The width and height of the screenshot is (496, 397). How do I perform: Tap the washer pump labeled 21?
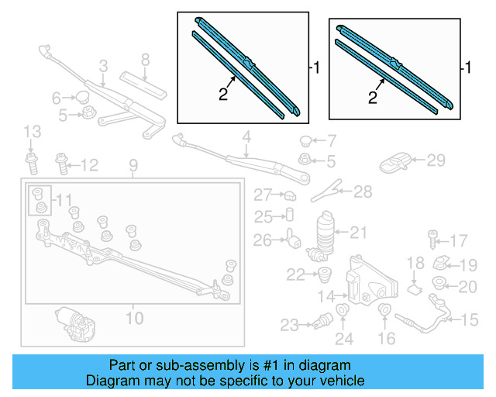point(324,235)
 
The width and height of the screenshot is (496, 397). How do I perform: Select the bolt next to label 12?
point(61,164)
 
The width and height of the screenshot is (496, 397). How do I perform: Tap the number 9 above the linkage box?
point(133,165)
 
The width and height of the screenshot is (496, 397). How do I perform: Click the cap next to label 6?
point(81,96)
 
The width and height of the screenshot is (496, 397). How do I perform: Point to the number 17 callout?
point(459,240)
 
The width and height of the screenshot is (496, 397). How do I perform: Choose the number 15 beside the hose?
point(470,319)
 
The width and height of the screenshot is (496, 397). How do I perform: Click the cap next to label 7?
point(305,141)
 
